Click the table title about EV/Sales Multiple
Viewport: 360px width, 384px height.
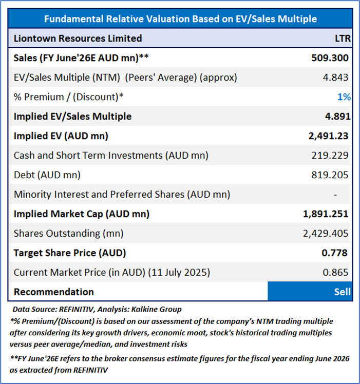(180, 19)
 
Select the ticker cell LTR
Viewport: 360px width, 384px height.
(341, 39)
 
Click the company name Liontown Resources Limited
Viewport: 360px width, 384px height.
(78, 39)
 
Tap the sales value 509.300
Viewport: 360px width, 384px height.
(330, 58)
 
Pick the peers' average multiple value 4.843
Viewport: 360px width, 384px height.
(337, 78)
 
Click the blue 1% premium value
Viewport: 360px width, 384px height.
(344, 97)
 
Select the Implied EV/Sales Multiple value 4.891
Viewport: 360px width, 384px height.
(337, 117)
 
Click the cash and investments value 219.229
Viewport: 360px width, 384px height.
(330, 156)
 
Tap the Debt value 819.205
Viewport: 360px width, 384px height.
(330, 175)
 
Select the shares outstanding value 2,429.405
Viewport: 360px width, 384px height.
(326, 234)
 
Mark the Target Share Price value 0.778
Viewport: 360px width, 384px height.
(337, 253)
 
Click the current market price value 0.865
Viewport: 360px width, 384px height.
(337, 273)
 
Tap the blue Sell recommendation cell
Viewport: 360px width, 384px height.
(310, 292)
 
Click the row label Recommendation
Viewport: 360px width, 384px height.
(54, 292)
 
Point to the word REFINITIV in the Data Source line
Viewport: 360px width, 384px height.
(76, 309)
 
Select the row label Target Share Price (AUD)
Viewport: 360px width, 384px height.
(70, 253)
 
